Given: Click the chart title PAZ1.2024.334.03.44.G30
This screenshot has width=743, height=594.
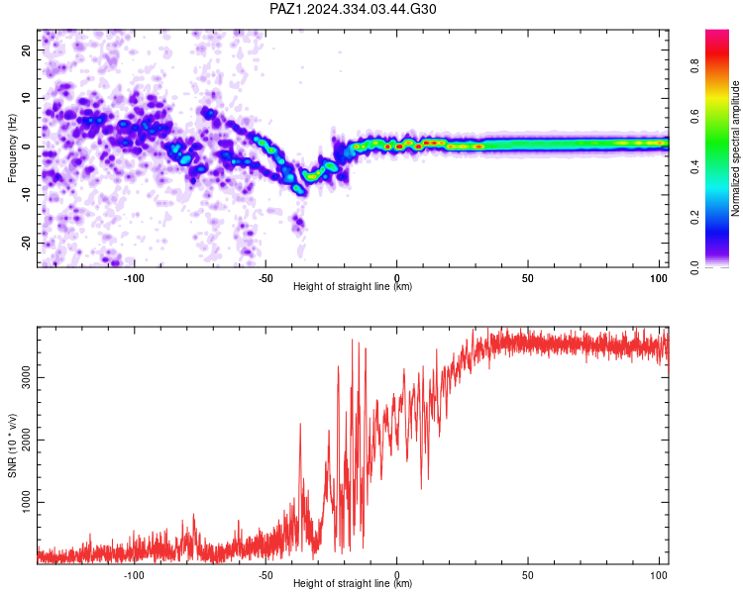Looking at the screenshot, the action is [353, 9].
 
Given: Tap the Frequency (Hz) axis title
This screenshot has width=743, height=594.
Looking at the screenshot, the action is [12, 148].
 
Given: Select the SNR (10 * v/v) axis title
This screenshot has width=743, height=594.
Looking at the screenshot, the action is [12, 445].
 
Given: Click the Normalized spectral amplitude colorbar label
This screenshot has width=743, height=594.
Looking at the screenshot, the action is [735, 148].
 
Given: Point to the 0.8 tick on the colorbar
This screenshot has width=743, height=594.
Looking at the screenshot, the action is [694, 66].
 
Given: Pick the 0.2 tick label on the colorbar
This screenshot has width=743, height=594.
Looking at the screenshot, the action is [694, 218].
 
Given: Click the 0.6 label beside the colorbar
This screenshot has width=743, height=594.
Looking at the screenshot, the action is [694, 117].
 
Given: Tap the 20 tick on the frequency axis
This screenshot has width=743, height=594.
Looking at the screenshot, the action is [26, 49].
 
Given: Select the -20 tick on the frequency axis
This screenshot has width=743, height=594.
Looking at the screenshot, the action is [26, 243].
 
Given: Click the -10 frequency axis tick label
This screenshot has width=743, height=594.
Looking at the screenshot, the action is [26, 195].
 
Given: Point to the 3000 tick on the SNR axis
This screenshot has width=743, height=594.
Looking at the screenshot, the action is [26, 377].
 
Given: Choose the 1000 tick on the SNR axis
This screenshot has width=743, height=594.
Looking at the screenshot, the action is [26, 502].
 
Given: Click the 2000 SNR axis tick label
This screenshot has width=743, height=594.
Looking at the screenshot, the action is [26, 440].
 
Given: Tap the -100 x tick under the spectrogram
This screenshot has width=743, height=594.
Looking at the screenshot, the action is [134, 278].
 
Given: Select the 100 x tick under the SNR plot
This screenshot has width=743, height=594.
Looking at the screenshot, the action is [658, 575].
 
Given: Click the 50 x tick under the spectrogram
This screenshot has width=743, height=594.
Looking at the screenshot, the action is [527, 278].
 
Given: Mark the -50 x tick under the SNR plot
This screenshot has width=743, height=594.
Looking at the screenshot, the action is [265, 575].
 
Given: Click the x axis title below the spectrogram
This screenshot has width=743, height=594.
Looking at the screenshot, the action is [353, 286].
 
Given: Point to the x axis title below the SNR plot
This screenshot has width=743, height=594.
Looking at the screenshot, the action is [353, 583].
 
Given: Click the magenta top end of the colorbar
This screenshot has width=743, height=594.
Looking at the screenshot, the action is [717, 33].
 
